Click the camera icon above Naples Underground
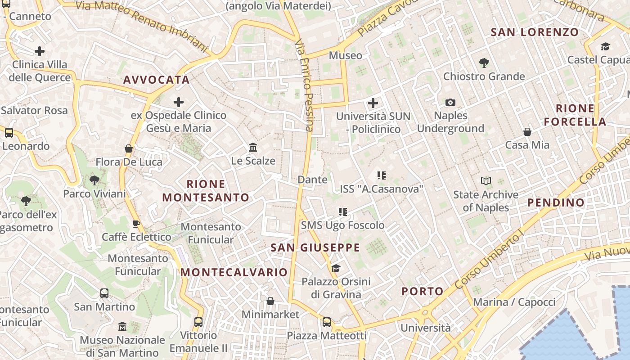(450, 103)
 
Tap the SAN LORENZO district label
(534, 32)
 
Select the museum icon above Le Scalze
(253, 148)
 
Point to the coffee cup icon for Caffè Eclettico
(136, 224)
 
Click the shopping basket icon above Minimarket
(270, 301)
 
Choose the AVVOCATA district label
(156, 80)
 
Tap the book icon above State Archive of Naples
(486, 181)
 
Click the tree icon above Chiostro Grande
(484, 63)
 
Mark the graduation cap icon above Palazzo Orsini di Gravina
(336, 269)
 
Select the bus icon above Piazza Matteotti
(327, 322)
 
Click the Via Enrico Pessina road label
(304, 85)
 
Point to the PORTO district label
(423, 291)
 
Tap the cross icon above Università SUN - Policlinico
(373, 103)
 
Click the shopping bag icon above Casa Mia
(527, 132)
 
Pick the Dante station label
(312, 180)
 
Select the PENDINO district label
(556, 202)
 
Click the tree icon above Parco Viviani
(94, 180)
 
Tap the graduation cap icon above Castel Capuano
(605, 46)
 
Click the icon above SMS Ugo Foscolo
(343, 211)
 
